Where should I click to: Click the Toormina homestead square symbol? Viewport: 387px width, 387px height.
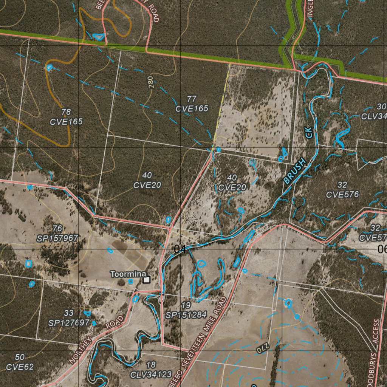click(x=147, y=280)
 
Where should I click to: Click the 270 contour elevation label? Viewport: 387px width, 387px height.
click(x=262, y=348)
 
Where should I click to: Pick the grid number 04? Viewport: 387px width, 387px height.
click(x=180, y=249)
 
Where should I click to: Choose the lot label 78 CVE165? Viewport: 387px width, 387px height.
click(x=66, y=117)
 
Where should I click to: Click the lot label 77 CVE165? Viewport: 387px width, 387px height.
click(x=192, y=104)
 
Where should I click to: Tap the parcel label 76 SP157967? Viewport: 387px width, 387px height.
click(x=57, y=234)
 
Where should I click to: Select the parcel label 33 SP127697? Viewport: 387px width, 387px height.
click(x=69, y=318)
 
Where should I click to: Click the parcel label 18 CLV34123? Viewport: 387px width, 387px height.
click(x=150, y=370)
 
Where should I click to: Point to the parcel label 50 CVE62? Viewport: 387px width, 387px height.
click(x=20, y=362)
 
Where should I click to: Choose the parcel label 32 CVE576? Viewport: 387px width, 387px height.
click(x=342, y=190)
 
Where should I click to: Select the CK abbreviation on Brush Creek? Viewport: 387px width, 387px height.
click(x=309, y=132)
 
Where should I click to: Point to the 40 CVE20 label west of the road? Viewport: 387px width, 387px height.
click(x=147, y=180)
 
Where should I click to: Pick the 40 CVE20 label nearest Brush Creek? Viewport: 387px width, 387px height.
click(x=232, y=183)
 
